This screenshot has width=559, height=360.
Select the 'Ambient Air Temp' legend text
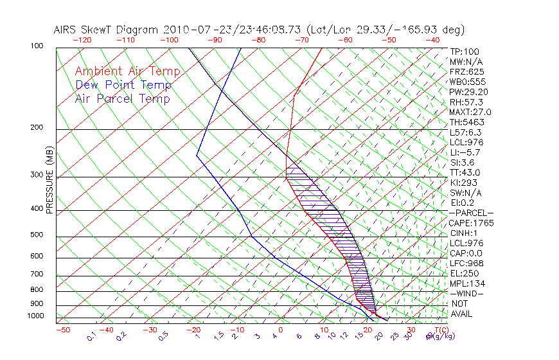point(127,71)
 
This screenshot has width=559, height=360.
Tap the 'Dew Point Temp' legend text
point(123,85)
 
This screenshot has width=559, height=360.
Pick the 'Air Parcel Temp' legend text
point(122,98)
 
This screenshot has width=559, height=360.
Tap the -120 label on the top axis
point(82,40)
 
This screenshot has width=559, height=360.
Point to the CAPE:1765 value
point(470,223)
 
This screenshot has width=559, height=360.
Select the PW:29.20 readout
point(467,92)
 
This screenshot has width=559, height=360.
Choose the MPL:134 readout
point(465,283)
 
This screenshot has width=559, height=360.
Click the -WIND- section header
point(466,294)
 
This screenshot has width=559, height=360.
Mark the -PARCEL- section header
point(471,213)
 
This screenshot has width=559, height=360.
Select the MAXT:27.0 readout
point(469,112)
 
